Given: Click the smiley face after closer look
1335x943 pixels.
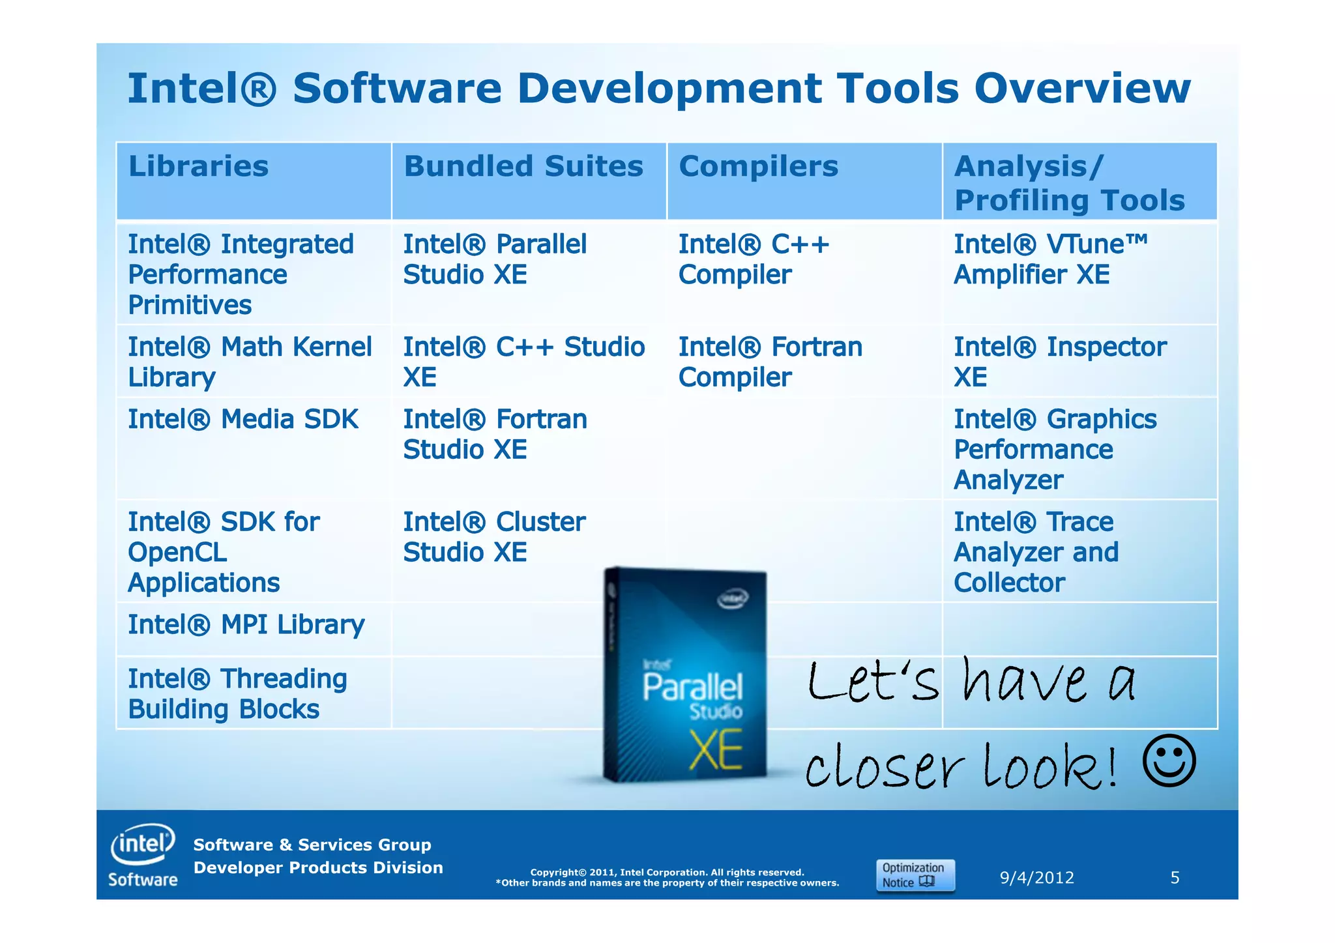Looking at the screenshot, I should tap(1169, 761).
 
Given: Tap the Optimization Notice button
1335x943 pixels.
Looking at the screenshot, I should tap(915, 875).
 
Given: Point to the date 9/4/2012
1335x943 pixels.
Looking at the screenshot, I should tap(1036, 878).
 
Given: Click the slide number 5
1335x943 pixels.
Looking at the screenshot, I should tap(1175, 878).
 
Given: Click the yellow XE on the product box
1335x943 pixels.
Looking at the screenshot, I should tap(716, 749).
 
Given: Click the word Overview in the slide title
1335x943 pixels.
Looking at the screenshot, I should tap(1082, 89).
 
